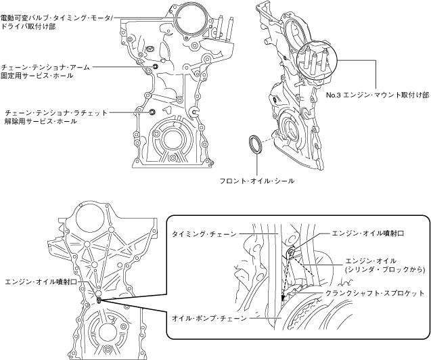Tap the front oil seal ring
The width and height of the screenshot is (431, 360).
pos(255,144)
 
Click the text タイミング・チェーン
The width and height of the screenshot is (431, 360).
pos(204,233)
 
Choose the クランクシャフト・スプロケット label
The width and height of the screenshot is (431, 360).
pos(375,293)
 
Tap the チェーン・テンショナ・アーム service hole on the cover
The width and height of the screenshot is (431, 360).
pos(156,68)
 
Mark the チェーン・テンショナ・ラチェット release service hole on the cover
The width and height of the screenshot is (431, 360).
pos(152,112)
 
